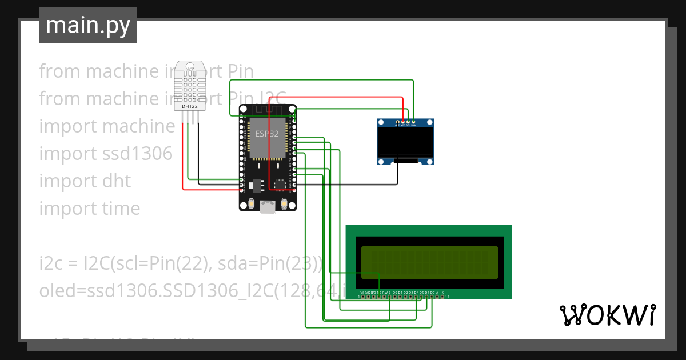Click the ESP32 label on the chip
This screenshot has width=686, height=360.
[x=267, y=134]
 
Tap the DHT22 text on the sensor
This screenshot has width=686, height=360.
[x=190, y=106]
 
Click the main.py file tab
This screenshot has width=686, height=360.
[x=88, y=25]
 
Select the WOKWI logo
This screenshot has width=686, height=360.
[x=607, y=315]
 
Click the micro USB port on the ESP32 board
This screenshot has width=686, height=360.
[x=268, y=206]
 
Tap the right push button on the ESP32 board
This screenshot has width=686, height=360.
[x=285, y=204]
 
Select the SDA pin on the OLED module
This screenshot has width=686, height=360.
[x=413, y=122]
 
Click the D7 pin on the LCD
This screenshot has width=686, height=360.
[x=432, y=296]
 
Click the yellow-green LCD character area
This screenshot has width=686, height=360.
[x=429, y=262]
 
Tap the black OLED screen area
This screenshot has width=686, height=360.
[x=405, y=143]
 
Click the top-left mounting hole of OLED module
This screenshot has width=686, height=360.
[x=381, y=122]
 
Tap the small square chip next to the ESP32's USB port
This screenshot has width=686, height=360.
[x=280, y=185]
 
